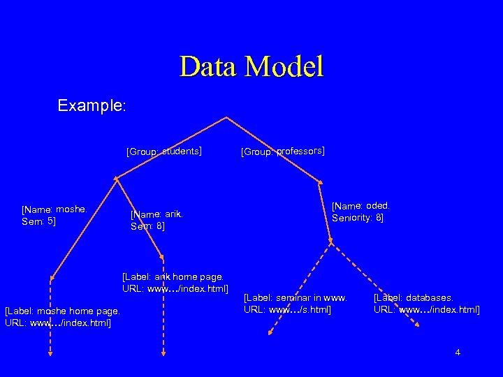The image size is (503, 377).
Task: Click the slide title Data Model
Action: [251, 66]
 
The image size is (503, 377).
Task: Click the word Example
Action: [91, 106]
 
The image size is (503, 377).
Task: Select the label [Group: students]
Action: [163, 150]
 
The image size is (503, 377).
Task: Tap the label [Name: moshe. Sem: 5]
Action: [54, 215]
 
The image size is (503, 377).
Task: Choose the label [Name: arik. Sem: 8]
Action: [156, 220]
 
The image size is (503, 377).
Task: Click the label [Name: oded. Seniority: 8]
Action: [360, 212]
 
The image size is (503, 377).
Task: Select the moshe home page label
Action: [62, 316]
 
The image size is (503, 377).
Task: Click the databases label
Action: [426, 303]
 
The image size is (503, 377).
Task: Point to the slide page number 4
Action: [458, 353]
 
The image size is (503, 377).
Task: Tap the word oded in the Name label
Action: [377, 205]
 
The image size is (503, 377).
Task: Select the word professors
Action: [300, 150]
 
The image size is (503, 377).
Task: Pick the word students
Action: [182, 149]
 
